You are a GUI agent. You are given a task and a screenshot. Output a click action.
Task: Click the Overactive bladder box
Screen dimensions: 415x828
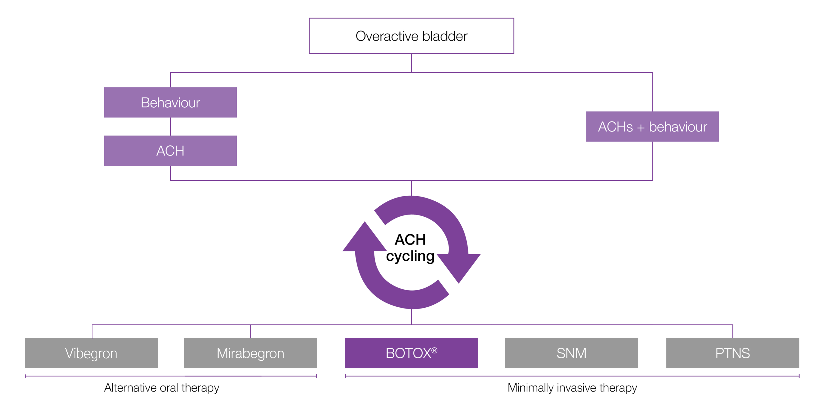coord(411,36)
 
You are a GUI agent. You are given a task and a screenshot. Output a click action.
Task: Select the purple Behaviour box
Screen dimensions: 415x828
coord(170,102)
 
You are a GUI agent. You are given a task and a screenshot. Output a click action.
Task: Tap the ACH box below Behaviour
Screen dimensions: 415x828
coord(170,150)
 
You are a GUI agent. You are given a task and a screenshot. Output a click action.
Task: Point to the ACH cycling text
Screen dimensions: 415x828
coord(410,248)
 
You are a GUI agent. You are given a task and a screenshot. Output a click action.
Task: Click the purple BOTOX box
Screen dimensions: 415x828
coord(411,353)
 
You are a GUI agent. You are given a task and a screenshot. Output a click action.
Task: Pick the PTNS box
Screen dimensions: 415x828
coord(732,353)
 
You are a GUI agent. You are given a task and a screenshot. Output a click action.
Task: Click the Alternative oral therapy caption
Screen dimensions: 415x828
coord(161,388)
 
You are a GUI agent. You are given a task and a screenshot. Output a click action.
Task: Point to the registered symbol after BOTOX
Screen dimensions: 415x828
coord(434,350)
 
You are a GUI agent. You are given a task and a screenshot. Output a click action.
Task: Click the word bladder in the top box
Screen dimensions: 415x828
coord(445,36)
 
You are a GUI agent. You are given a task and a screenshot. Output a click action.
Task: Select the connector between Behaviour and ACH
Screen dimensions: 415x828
coord(170,127)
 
